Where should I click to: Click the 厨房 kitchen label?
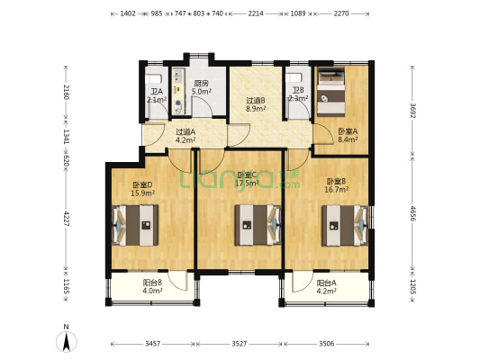click(202, 87)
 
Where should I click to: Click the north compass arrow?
click(67, 340)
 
